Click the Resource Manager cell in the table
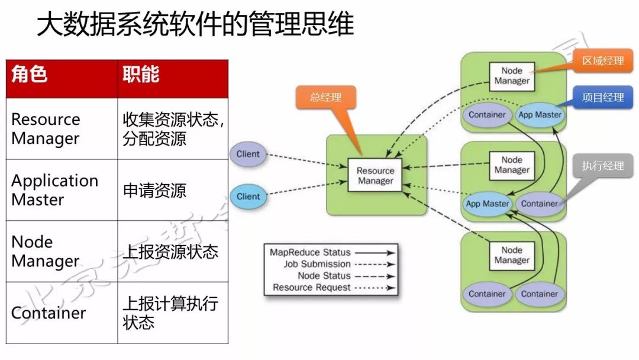[x=62, y=128]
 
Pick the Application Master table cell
[x=62, y=190]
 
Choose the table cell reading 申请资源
[x=173, y=190]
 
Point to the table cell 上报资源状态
[x=173, y=252]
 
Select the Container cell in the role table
[x=62, y=313]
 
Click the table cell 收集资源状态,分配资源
[x=173, y=128]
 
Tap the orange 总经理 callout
[x=325, y=97]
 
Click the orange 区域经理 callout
[x=603, y=60]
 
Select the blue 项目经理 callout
[x=603, y=98]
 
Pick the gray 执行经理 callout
[x=602, y=166]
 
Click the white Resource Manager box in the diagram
[x=375, y=175]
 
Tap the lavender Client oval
[x=248, y=154]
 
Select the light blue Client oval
[x=248, y=197]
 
